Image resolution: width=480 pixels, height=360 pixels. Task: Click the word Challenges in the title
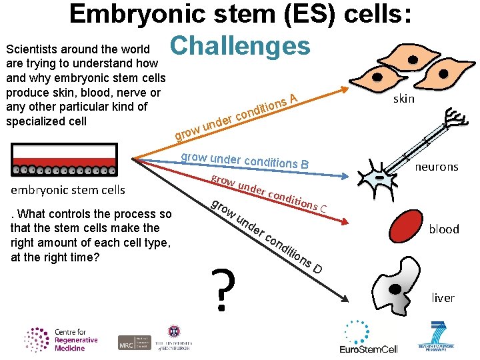[x=240, y=45]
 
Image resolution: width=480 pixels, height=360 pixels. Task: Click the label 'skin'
[x=403, y=99]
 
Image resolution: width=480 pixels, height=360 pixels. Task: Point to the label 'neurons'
[x=437, y=167]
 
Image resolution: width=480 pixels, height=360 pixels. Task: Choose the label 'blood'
[x=443, y=229]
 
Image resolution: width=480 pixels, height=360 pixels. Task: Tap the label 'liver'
[x=443, y=297]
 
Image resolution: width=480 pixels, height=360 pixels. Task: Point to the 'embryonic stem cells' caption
[x=68, y=190]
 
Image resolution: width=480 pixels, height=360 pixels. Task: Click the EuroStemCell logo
[x=369, y=337]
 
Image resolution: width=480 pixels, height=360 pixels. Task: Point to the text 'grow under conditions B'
[x=245, y=161]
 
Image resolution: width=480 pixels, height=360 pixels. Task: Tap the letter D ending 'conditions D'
[x=317, y=268]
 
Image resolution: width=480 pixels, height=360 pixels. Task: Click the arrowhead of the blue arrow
[x=343, y=176]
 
